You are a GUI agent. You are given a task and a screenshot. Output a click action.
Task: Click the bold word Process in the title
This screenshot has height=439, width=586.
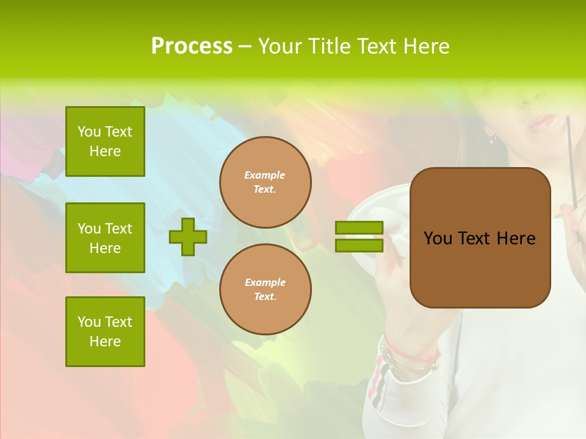[192, 46]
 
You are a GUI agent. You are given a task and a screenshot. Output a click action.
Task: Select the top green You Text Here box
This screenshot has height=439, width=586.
[105, 141]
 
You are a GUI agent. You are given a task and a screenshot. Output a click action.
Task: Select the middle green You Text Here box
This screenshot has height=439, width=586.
[105, 238]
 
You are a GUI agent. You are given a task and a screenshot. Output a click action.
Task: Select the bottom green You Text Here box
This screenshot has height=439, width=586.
[105, 332]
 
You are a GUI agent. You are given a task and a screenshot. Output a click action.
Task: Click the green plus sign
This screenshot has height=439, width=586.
[188, 237]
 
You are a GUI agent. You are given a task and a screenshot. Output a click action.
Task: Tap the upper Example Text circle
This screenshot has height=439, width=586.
[266, 182]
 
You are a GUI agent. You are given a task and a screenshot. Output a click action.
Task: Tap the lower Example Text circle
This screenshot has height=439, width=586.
[266, 290]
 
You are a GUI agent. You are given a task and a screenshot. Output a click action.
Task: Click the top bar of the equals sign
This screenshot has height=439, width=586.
[359, 227]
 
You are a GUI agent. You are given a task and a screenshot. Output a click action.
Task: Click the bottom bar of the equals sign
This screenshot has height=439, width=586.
[359, 246]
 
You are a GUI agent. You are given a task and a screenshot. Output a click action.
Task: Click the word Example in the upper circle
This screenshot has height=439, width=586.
[265, 175]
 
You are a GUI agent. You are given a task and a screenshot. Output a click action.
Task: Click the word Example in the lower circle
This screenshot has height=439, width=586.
[265, 282]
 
